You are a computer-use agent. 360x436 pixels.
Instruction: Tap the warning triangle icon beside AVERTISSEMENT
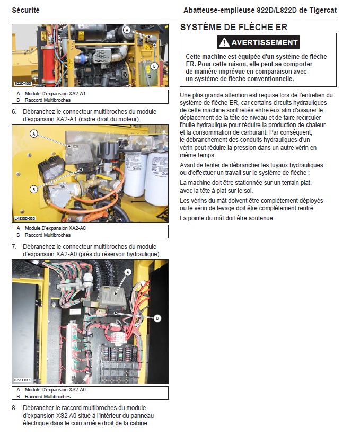(225, 43)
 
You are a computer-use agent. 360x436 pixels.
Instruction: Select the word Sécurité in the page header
(25, 10)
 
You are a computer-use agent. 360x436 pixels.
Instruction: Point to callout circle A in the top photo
(127, 30)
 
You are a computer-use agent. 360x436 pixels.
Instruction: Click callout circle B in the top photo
(154, 66)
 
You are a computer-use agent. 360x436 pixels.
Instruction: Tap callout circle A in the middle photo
(34, 135)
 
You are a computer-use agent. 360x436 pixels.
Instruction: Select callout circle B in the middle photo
(34, 189)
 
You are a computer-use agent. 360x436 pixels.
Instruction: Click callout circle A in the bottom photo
(127, 271)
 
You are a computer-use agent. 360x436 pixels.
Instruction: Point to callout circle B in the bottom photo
(157, 318)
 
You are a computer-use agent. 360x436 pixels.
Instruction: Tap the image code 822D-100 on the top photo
(22, 84)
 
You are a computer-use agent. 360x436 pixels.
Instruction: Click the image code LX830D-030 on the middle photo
(24, 218)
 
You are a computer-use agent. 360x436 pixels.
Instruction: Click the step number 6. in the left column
(14, 112)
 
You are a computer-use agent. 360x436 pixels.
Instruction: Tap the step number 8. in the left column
(14, 408)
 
